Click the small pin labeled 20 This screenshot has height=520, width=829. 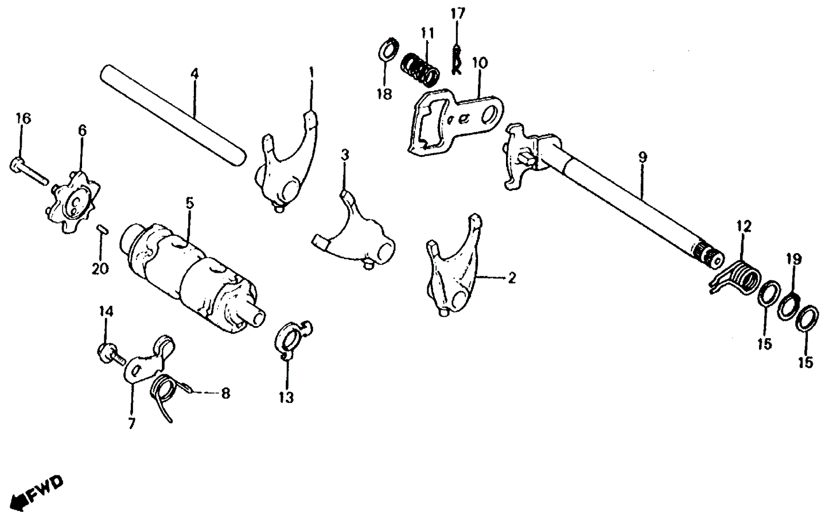pos(101,229)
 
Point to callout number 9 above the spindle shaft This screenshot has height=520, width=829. pos(643,157)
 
